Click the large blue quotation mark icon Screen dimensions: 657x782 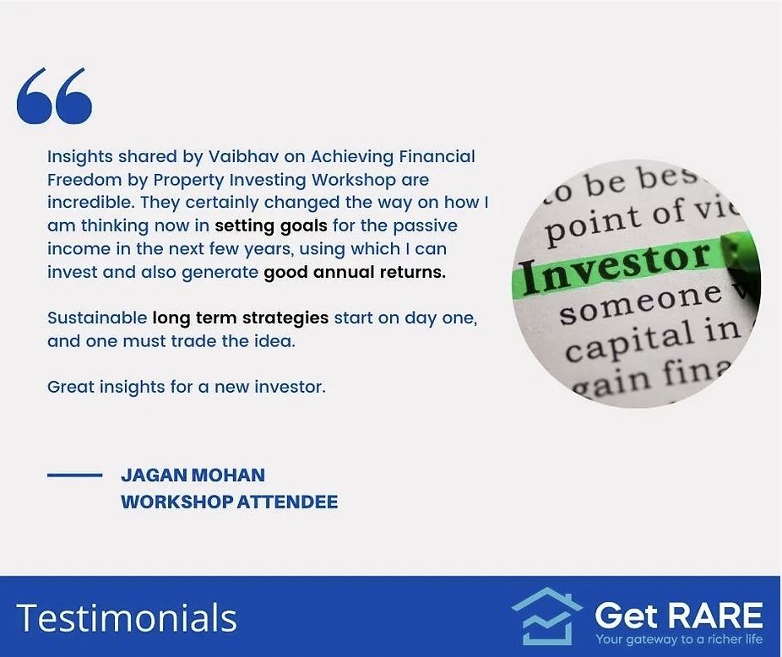pyautogui.click(x=54, y=96)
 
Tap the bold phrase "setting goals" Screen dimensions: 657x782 pyautogui.click(x=262, y=225)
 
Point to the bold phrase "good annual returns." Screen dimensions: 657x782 pyautogui.click(x=355, y=272)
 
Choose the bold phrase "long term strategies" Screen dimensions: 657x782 pyautogui.click(x=240, y=318)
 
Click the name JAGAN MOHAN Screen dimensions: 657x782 pyautogui.click(x=193, y=475)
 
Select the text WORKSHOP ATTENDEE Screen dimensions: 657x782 pyautogui.click(x=229, y=502)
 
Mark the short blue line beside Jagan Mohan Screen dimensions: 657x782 pyautogui.click(x=74, y=475)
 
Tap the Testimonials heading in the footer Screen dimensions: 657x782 pyautogui.click(x=127, y=617)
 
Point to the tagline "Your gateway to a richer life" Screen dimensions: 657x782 pyautogui.click(x=679, y=639)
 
